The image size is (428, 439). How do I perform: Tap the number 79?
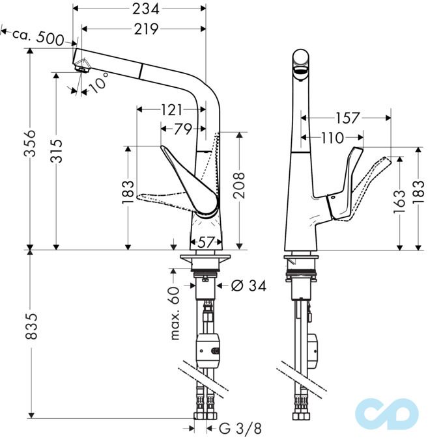click(x=183, y=129)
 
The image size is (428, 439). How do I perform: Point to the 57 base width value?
click(x=206, y=242)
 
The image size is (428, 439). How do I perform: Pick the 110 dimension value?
click(x=334, y=138)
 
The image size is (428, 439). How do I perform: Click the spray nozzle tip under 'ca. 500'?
click(x=81, y=64)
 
